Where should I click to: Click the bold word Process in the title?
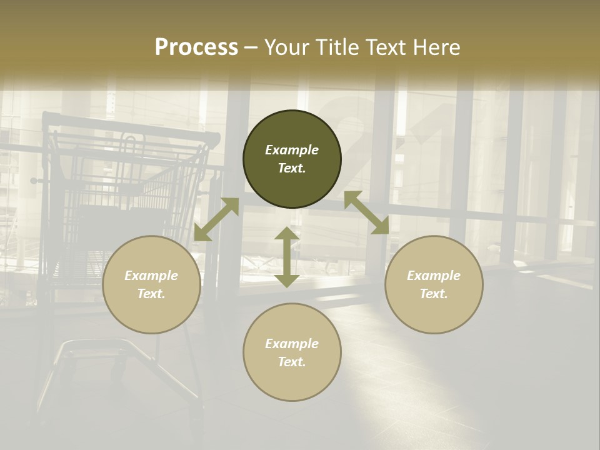click(x=196, y=47)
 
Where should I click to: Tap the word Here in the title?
click(x=437, y=47)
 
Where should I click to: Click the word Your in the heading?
click(x=287, y=47)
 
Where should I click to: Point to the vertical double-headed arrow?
click(x=287, y=257)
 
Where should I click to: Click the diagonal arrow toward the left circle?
click(x=216, y=219)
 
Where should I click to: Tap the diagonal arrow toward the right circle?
click(x=366, y=212)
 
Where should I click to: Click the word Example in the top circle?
click(x=292, y=150)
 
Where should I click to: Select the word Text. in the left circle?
click(x=151, y=294)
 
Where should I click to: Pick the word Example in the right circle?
click(x=434, y=276)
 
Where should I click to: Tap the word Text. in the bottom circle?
click(x=292, y=362)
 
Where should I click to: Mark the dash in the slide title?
click(x=251, y=47)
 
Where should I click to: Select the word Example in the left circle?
click(x=151, y=276)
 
